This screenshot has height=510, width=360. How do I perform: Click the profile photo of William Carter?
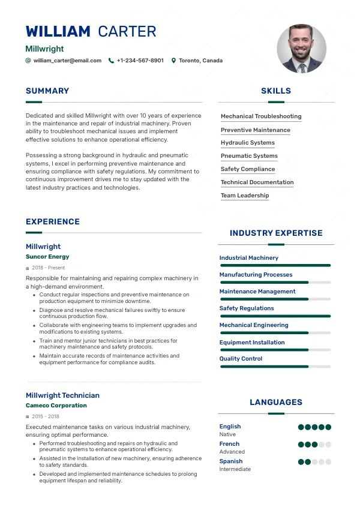tap(302, 49)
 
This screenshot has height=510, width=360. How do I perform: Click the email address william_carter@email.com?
tap(67, 61)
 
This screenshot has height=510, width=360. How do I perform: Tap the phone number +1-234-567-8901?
tap(140, 61)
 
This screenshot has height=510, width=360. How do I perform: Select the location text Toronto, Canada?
tap(200, 61)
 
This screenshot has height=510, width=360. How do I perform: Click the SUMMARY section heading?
tap(47, 91)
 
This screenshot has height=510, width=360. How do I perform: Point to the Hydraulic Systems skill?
tap(247, 143)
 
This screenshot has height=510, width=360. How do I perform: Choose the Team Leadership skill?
tap(245, 196)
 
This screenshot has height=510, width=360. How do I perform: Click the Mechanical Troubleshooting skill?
tap(261, 116)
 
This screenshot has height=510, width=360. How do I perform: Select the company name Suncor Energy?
tap(47, 257)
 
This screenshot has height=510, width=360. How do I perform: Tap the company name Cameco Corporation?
tap(56, 406)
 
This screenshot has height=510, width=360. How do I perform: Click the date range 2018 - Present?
tap(49, 268)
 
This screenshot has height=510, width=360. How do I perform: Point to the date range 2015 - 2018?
tap(46, 416)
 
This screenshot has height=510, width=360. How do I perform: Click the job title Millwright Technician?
tap(62, 395)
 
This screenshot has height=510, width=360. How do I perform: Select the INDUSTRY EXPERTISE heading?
tap(276, 233)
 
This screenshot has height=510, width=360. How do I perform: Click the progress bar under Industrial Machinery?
tap(275, 265)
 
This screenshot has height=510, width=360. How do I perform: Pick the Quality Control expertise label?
tap(241, 359)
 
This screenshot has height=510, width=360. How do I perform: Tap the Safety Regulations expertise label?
tap(247, 308)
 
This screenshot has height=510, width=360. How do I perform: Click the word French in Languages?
tap(229, 444)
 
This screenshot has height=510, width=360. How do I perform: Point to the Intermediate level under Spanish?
tap(235, 469)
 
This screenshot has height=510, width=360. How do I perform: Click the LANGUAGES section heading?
tap(276, 403)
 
